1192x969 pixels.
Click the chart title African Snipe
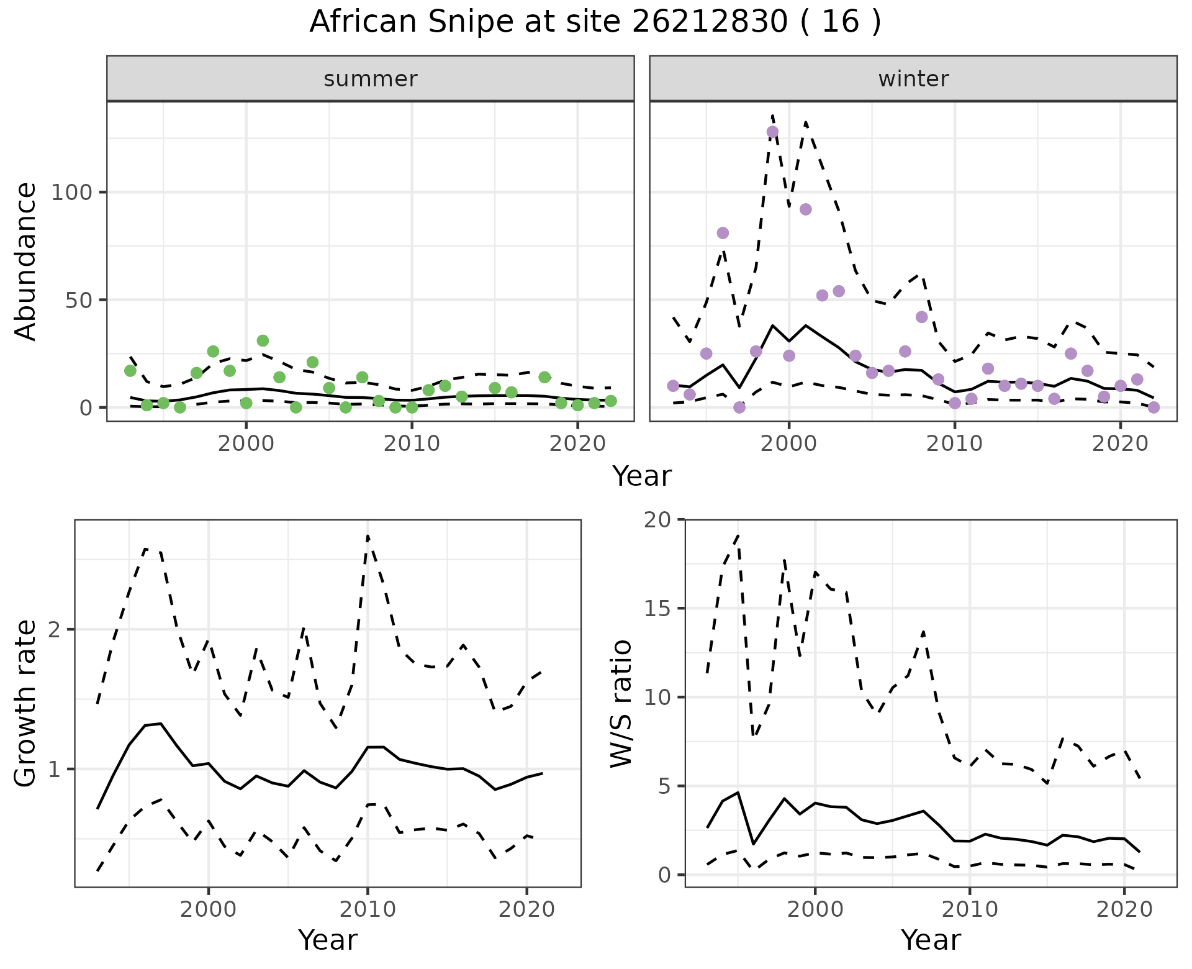pos(595,22)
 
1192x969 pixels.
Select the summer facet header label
pos(371,79)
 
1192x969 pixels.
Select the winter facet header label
pos(913,79)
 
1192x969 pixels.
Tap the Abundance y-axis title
pos(26,261)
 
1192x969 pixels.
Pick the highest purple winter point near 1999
pos(772,132)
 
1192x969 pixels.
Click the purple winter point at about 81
pos(723,233)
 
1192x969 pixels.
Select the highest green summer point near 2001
pos(263,340)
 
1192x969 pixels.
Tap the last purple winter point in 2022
pos(1154,407)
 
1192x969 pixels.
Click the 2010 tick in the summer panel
pos(412,444)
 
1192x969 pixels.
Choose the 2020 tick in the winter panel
pos(1121,444)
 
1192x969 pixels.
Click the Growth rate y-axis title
pos(26,704)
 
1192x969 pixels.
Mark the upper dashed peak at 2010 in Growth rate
pos(368,536)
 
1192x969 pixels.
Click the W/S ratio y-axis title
pos(621,704)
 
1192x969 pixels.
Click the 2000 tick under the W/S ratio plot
pos(815,910)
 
